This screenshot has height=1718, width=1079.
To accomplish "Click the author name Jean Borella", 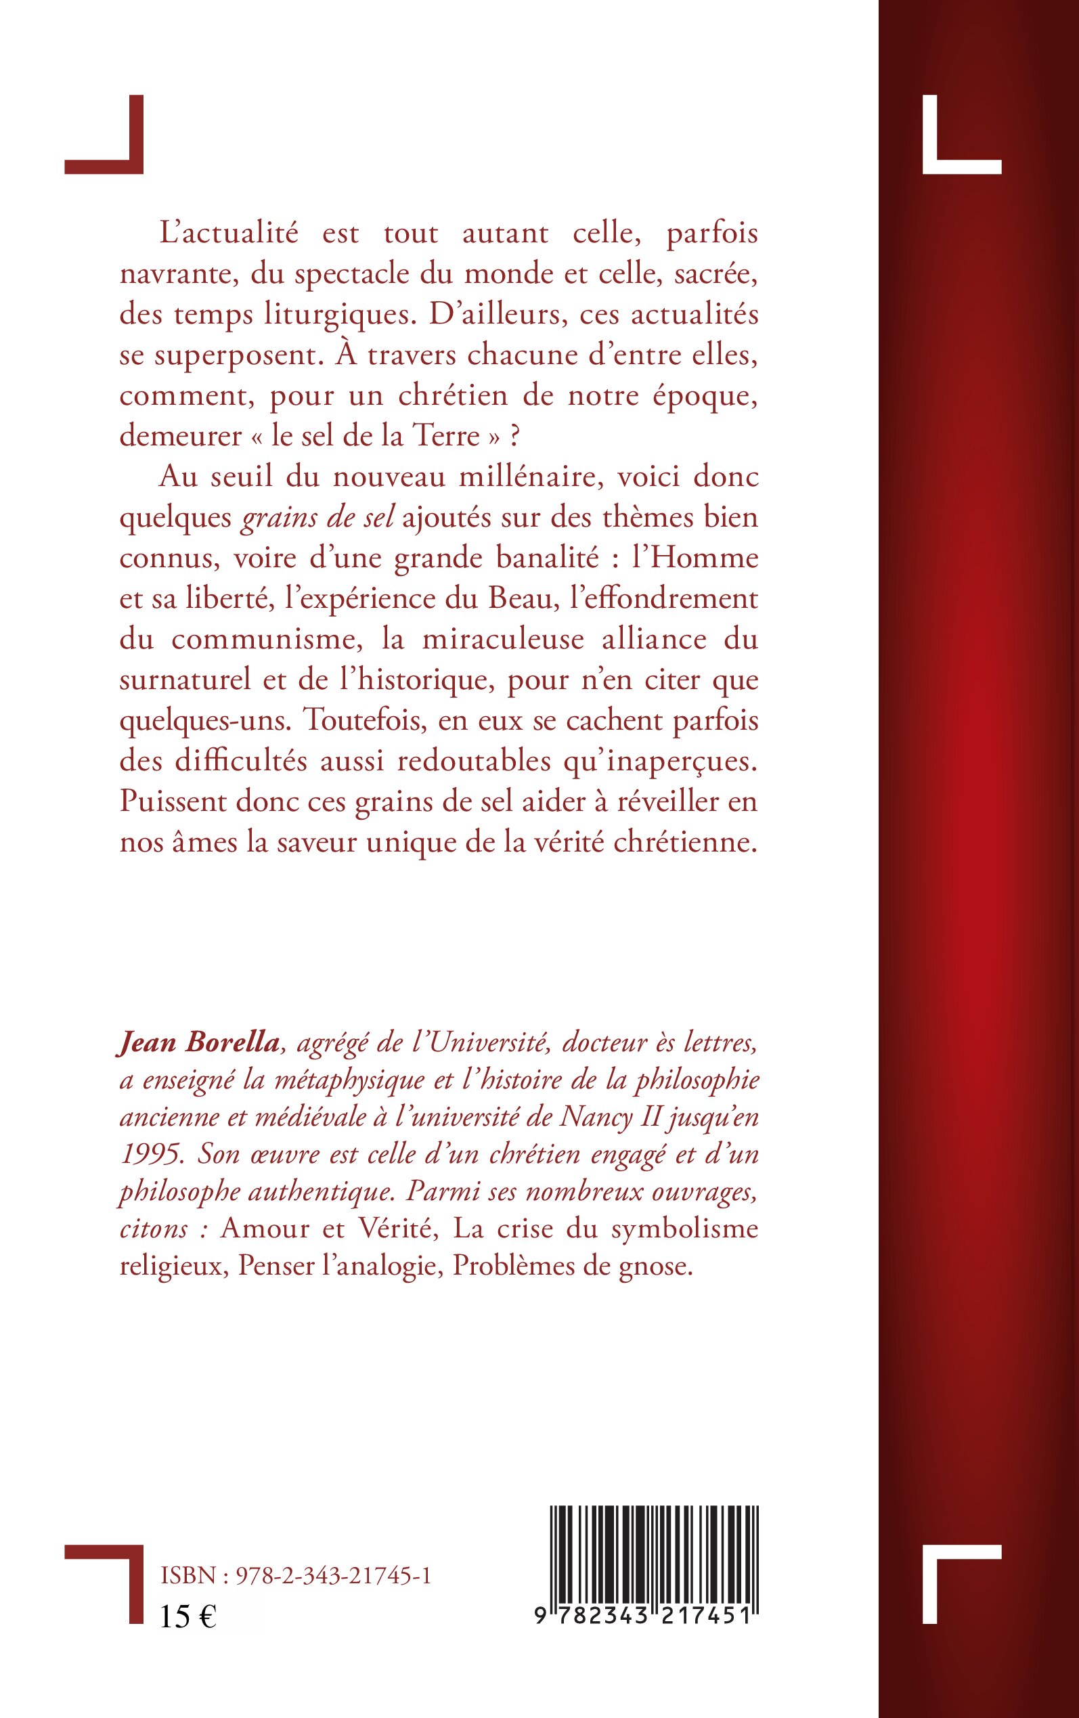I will coord(198,1044).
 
